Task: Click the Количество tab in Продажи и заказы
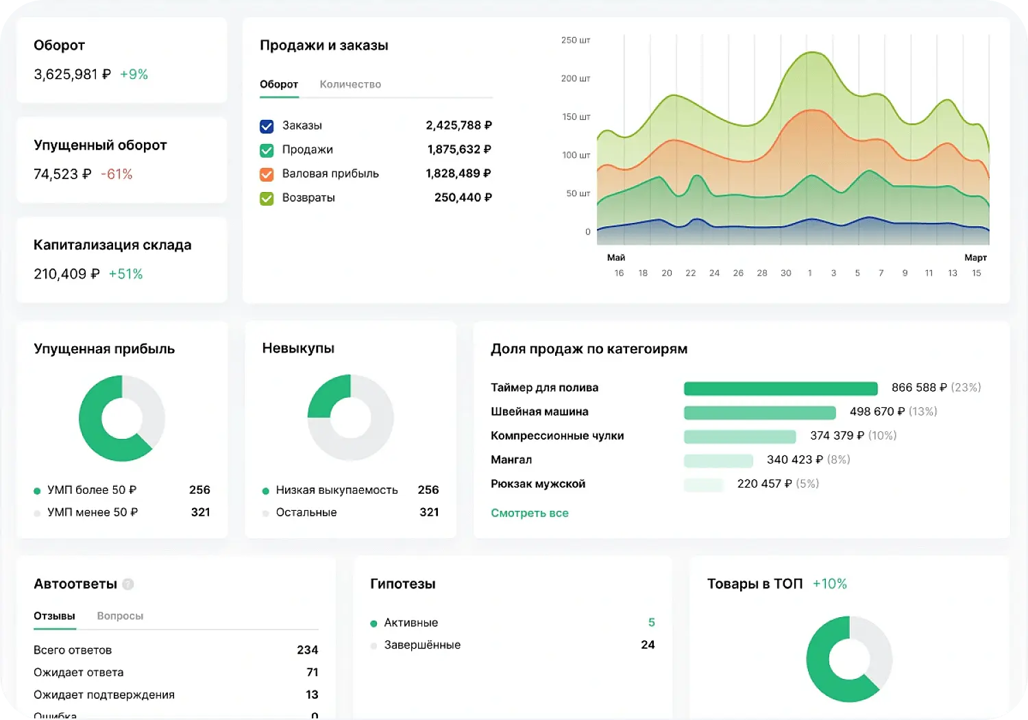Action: click(350, 84)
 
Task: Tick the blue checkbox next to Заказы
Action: click(267, 126)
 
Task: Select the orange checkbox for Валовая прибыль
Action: click(267, 174)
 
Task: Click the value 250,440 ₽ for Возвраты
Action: click(463, 197)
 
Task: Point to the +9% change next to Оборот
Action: click(134, 74)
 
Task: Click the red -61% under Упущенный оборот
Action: click(117, 174)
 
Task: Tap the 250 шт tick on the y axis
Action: click(575, 40)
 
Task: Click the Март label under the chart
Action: click(975, 258)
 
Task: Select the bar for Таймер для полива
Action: click(781, 389)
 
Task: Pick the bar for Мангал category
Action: click(718, 461)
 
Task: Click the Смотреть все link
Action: click(529, 513)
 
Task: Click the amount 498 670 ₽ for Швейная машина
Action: click(877, 411)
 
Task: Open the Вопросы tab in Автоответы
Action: click(120, 616)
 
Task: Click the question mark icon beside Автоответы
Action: click(128, 584)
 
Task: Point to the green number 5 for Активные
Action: click(651, 623)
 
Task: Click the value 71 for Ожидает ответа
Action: click(312, 672)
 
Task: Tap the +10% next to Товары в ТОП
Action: click(829, 584)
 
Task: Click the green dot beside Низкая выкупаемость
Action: click(265, 491)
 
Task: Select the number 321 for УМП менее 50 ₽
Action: click(200, 512)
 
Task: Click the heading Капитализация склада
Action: click(112, 245)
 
